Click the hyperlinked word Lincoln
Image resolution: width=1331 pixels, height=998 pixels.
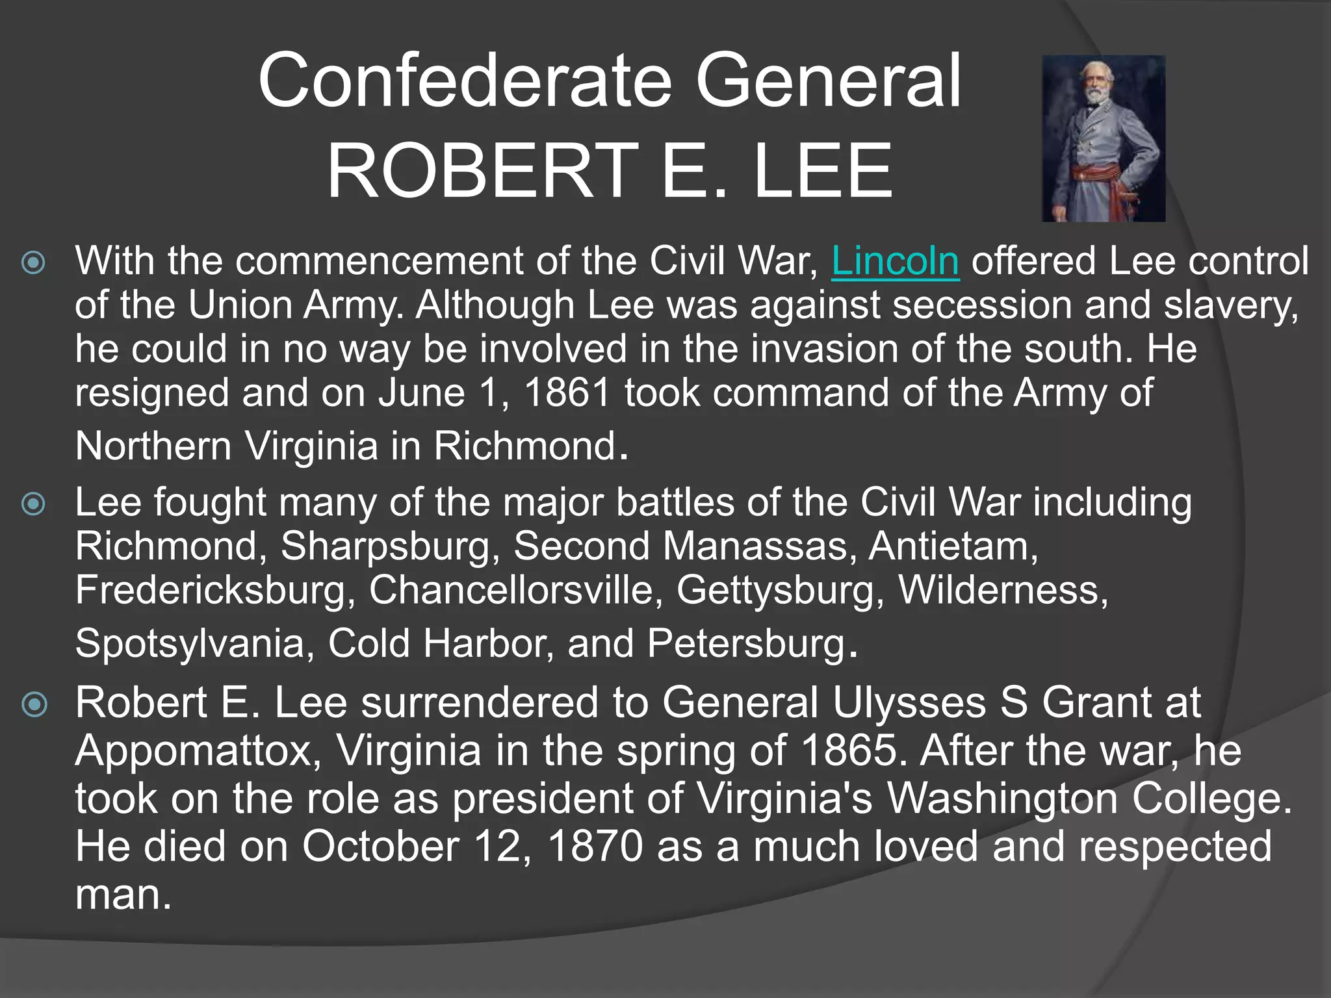pos(895,261)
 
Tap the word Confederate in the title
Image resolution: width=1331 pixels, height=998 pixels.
pos(465,81)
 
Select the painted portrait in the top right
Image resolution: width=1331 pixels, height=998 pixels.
pos(1103,138)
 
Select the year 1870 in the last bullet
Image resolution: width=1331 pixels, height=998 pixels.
pos(595,847)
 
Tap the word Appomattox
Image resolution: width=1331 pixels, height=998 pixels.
pos(198,752)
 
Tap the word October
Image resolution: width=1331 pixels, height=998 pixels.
pos(381,847)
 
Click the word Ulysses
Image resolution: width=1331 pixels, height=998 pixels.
pos(909,703)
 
